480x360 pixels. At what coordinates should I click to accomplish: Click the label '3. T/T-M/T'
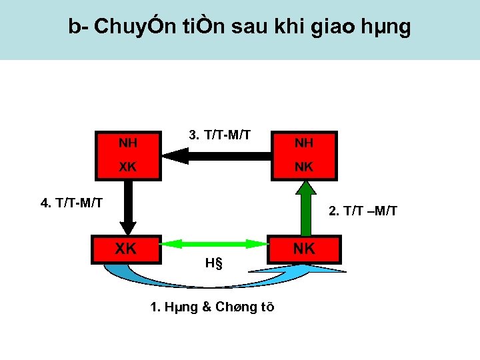[219, 135]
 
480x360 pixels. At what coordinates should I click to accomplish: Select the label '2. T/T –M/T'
[363, 211]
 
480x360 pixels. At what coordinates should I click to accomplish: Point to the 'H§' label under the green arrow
[213, 262]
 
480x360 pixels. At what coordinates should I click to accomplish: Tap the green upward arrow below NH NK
[304, 207]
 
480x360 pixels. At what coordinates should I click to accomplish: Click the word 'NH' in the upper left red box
[128, 142]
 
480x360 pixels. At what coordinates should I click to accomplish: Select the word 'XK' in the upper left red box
[128, 167]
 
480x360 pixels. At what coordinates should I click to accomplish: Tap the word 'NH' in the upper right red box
[304, 143]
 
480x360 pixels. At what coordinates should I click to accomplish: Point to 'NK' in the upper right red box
[304, 167]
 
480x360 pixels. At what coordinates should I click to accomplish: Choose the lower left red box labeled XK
[127, 249]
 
